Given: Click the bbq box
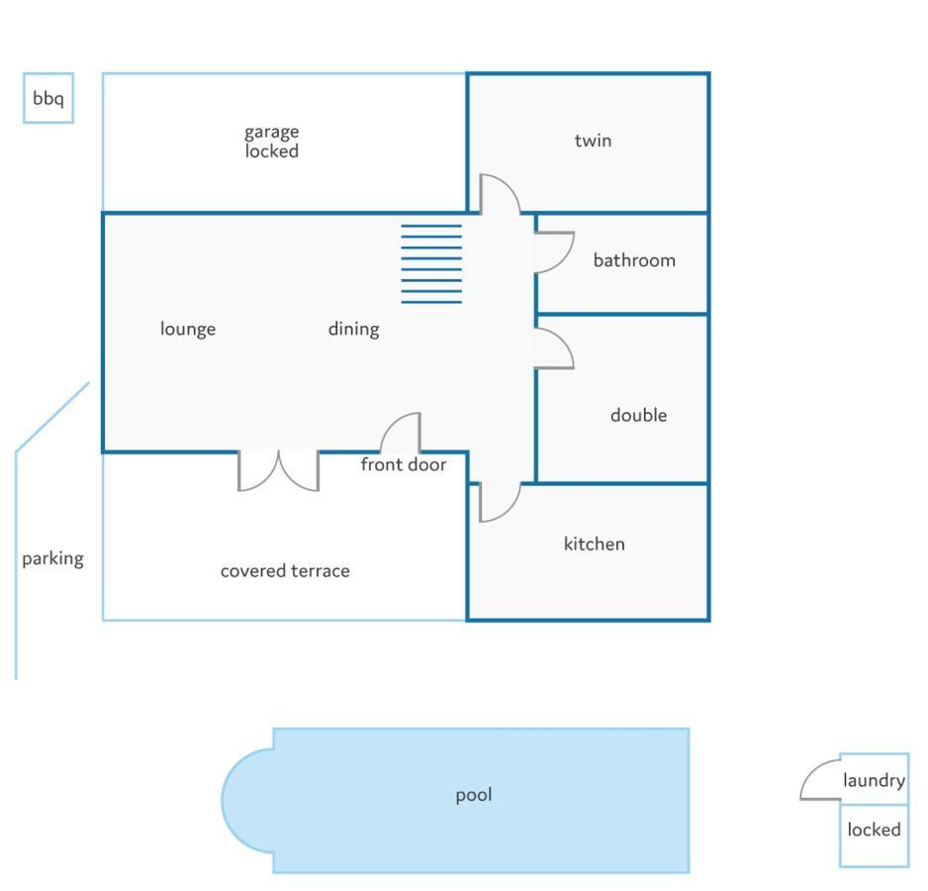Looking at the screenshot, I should [48, 98].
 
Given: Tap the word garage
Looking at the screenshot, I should [272, 132].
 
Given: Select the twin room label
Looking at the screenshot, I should [593, 141].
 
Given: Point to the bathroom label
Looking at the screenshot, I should [634, 260].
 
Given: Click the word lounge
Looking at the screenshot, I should [188, 329].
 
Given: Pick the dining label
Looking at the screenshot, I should [353, 329].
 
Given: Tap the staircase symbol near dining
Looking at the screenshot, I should [431, 263].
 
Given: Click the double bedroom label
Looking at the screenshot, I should [638, 415].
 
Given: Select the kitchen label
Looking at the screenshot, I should [594, 544].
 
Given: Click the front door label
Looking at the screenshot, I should [403, 464].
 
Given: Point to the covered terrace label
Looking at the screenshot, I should [285, 571].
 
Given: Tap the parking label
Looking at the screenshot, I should [52, 558].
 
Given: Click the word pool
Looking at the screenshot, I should [473, 795].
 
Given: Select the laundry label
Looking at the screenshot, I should [874, 781].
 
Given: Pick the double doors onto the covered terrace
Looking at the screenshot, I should [278, 470].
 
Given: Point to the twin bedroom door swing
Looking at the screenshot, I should [500, 194].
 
